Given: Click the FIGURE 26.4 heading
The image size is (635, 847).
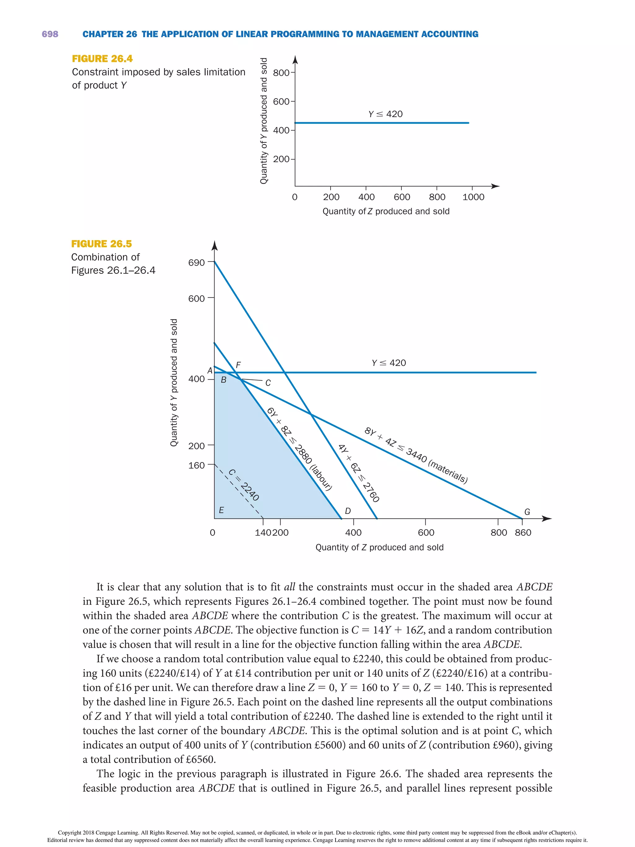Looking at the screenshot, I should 102,59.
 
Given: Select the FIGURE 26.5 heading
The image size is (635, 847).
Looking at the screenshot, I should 101,244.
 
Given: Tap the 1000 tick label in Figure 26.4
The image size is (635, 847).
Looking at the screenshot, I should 473,197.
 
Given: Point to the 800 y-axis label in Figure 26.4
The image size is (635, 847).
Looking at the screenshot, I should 281,73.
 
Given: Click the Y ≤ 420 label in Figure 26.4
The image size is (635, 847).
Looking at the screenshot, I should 385,114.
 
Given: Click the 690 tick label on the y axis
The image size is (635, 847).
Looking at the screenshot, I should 196,263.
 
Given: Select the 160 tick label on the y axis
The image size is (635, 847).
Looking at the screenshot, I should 196,466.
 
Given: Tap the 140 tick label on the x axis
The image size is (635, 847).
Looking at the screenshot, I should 263,533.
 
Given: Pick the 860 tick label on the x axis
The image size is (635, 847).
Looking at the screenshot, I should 523,533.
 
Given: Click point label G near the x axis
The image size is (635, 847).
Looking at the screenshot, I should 527,512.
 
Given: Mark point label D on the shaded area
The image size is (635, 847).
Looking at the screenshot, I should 348,511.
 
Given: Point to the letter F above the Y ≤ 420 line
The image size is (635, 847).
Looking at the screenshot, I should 238,365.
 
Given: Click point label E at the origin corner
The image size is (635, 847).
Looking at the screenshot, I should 221,510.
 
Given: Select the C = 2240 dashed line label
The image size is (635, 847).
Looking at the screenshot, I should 244,485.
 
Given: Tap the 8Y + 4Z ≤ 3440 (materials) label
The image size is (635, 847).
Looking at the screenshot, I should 416,456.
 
